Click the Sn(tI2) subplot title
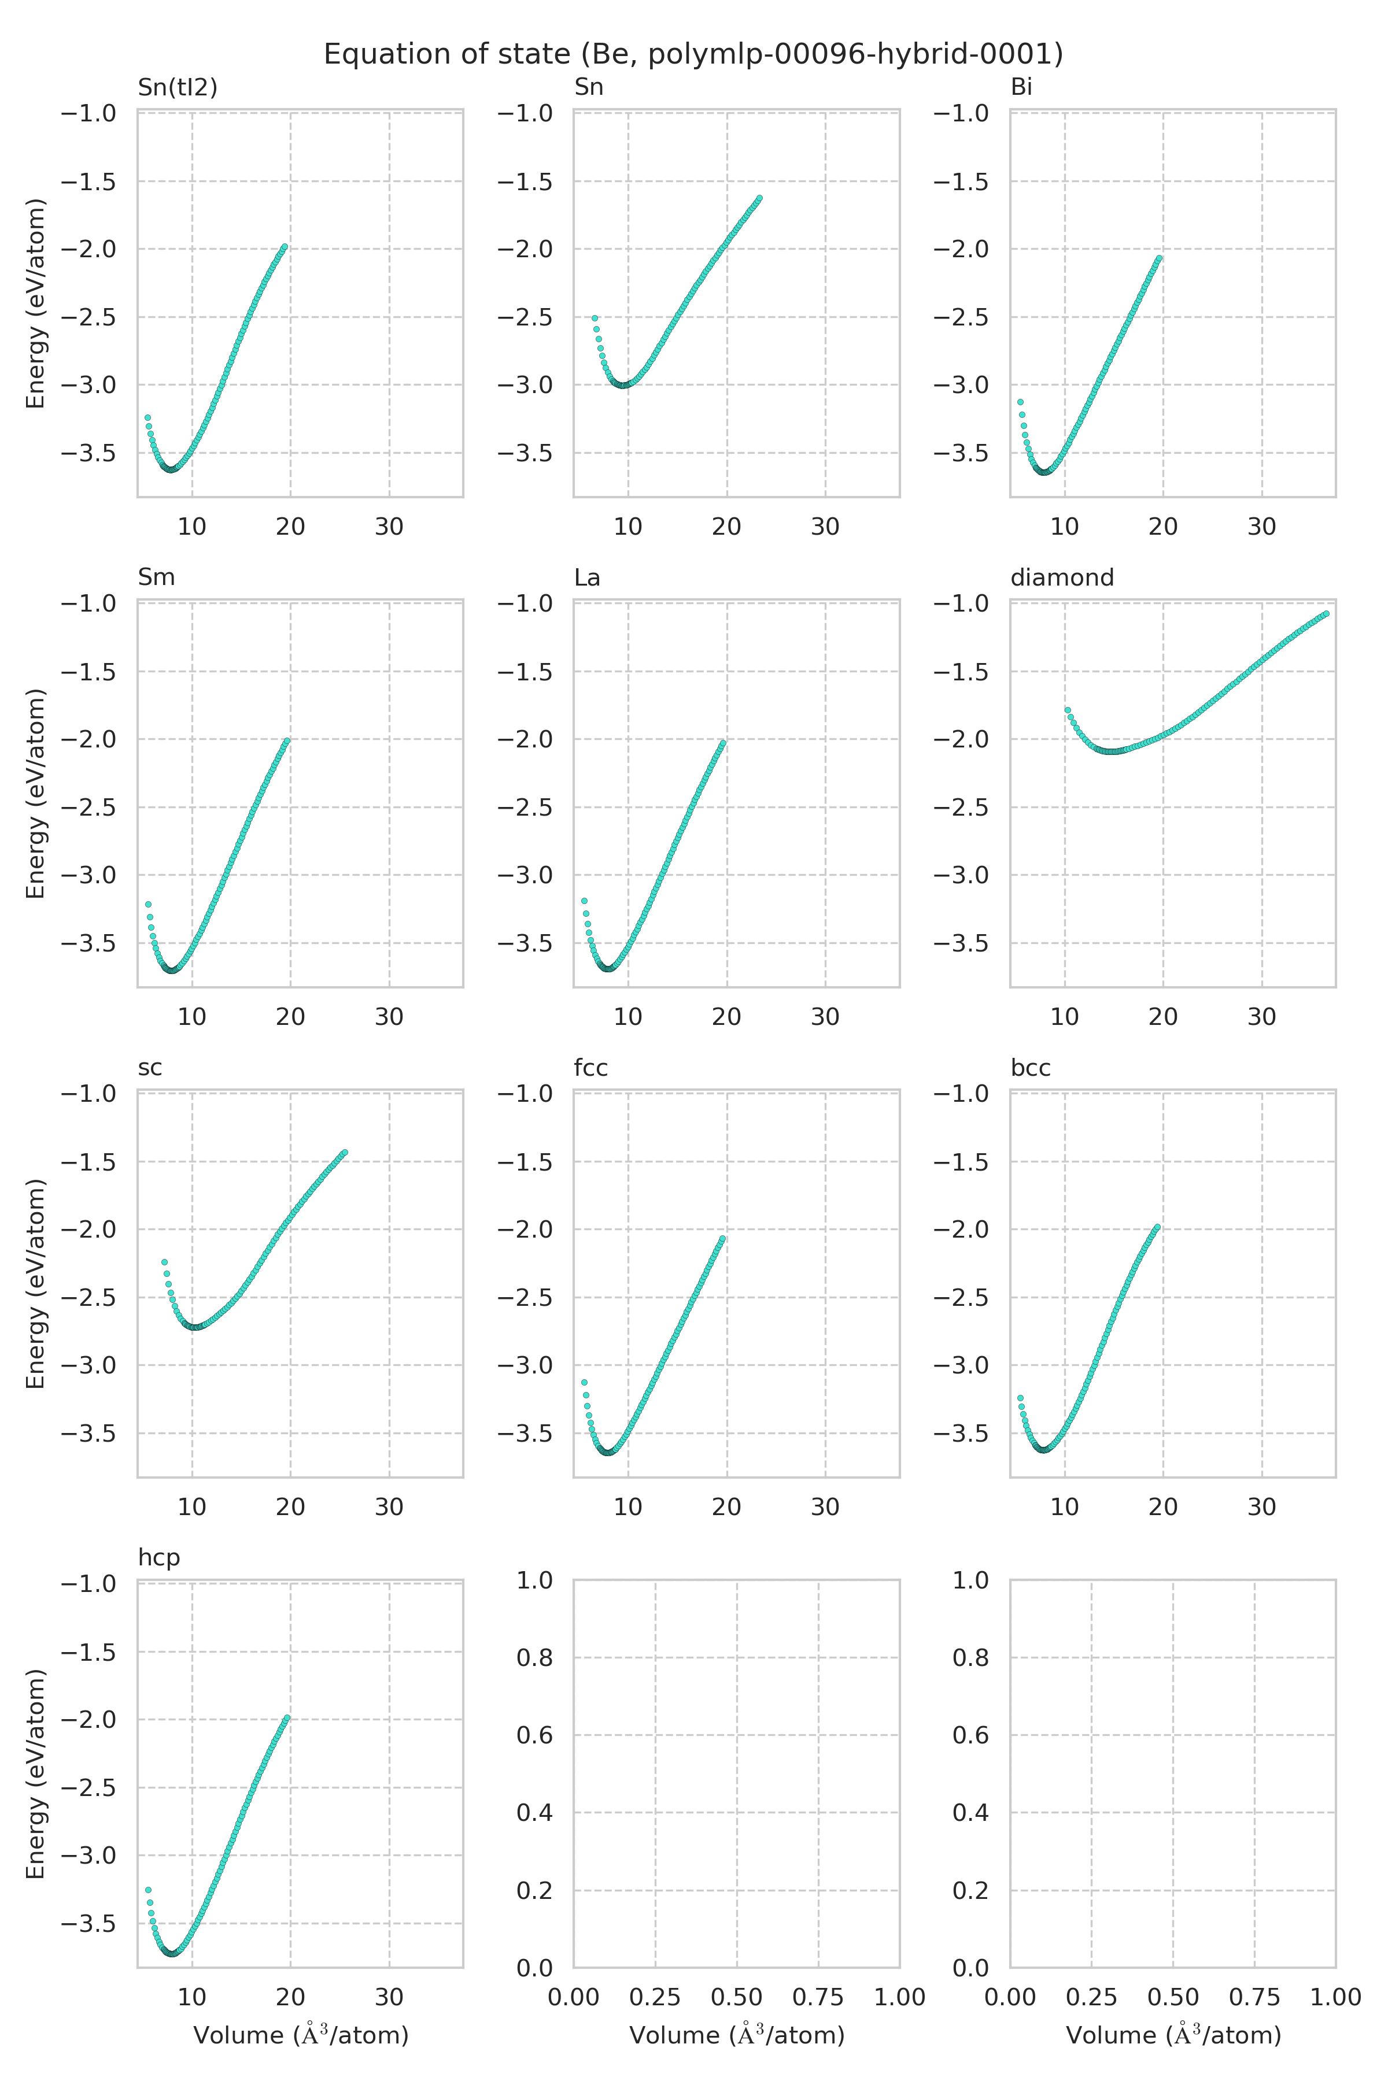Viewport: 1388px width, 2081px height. tap(177, 87)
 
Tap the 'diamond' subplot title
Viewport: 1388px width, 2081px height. tap(1061, 577)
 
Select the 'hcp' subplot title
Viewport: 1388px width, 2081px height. tap(158, 1557)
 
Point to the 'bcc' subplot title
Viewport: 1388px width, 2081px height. tap(1031, 1067)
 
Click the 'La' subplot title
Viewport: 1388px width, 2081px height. tap(587, 577)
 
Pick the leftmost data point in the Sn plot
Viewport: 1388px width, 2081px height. tap(595, 317)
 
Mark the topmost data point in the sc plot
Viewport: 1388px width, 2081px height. tap(344, 1152)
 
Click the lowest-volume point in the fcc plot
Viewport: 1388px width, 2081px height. tap(584, 1382)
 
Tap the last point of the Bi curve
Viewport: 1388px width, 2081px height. tap(1158, 258)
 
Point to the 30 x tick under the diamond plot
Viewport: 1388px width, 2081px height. tap(1261, 1017)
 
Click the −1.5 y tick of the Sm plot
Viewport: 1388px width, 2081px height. tap(88, 672)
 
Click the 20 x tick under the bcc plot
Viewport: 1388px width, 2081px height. tap(1163, 1507)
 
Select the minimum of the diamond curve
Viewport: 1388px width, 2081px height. tap(1111, 751)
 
